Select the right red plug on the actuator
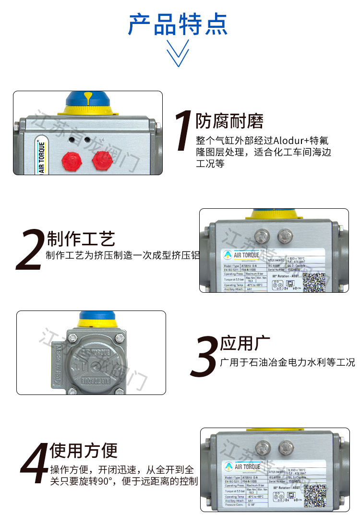click(101, 158)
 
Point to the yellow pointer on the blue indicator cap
click(89, 98)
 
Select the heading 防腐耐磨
click(229, 121)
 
